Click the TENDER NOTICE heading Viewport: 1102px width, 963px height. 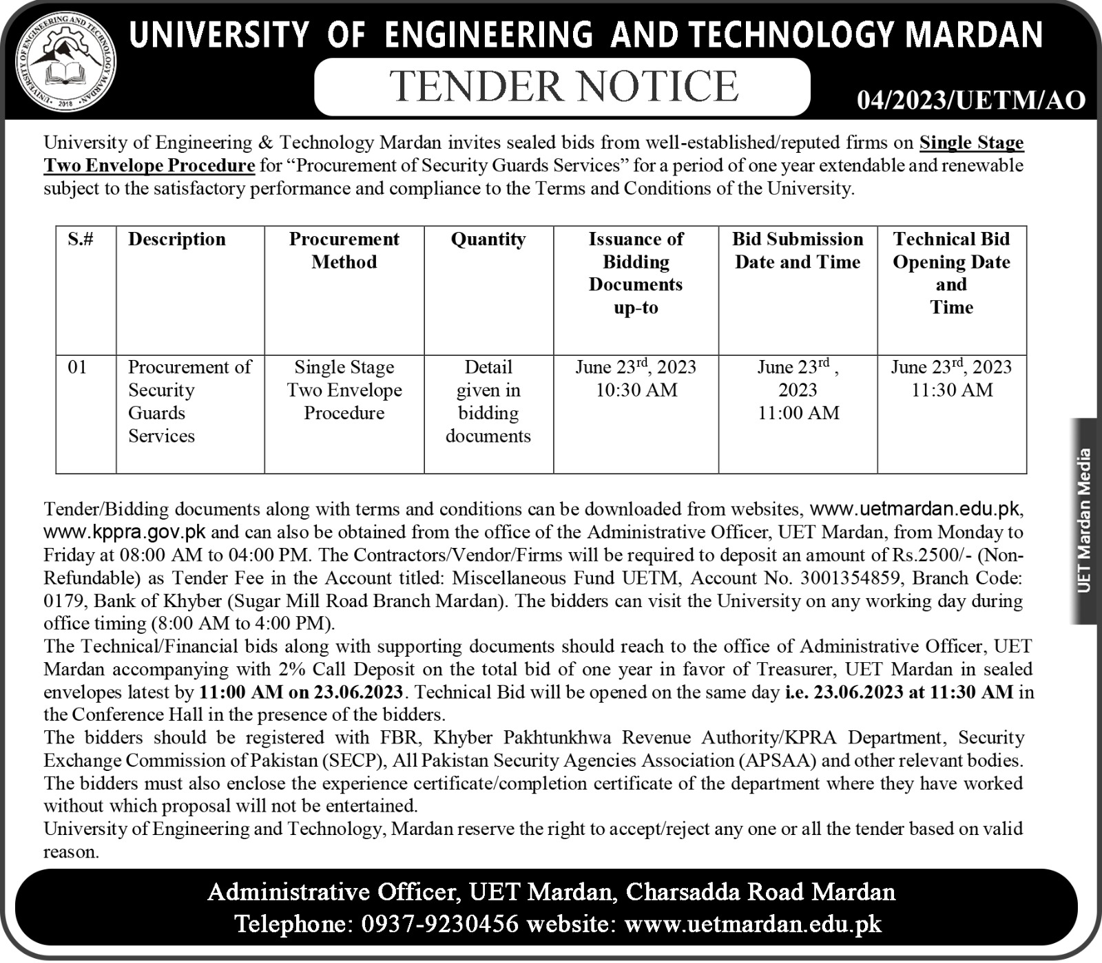(563, 87)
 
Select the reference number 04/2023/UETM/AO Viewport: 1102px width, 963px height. (971, 101)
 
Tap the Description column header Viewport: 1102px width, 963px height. (177, 239)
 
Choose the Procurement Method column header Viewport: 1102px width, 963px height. (344, 250)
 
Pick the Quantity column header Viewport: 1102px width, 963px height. (488, 239)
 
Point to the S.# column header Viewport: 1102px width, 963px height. (81, 239)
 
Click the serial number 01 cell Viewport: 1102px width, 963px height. (77, 367)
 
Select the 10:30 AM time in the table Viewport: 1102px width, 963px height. (636, 390)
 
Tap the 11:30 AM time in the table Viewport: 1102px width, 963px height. (952, 390)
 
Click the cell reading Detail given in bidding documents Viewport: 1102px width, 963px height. (488, 401)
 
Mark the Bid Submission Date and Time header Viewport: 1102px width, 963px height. (798, 250)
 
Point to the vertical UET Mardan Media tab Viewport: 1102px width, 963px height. (1085, 520)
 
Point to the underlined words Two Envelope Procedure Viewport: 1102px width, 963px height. (149, 166)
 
